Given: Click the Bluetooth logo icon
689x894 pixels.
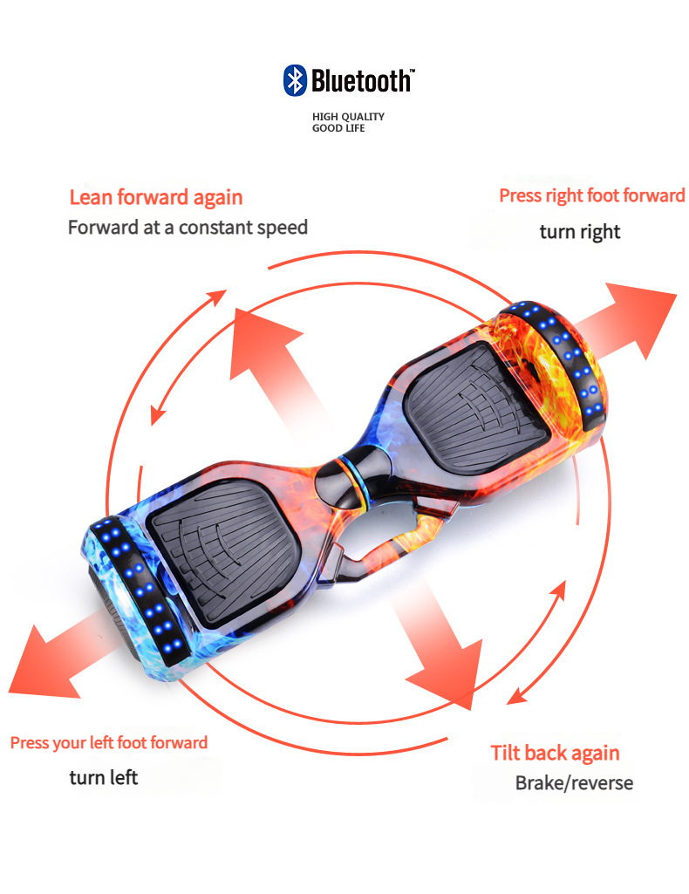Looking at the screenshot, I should [x=295, y=80].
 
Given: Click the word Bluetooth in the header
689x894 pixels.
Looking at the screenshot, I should [x=360, y=81].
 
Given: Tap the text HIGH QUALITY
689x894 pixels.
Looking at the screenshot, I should [x=348, y=116].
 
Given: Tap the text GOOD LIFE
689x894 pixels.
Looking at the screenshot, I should [x=338, y=128].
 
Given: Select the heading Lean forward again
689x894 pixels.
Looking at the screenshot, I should [x=156, y=198].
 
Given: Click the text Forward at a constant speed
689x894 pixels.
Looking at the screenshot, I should [x=188, y=228].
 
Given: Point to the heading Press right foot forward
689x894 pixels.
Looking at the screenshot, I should [x=591, y=195].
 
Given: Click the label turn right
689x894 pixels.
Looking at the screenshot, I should [x=579, y=232].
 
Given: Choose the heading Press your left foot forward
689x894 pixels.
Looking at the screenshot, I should [x=109, y=743].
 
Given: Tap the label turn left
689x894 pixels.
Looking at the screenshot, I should [x=104, y=776].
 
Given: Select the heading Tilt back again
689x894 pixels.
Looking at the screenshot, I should [x=555, y=753].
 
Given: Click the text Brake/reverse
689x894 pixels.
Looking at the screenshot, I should [x=574, y=782].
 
